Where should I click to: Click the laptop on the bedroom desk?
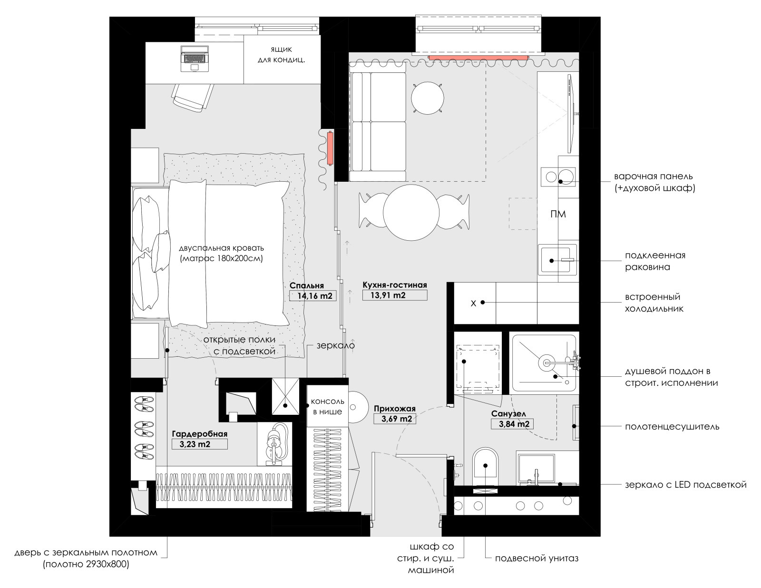pos(195,59)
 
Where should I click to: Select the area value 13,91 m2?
pos(394,295)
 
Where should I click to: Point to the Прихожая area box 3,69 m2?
pos(394,419)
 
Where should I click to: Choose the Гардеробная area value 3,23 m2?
pos(199,444)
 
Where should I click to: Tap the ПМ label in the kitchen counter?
pos(558,214)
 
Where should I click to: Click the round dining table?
pos(411,213)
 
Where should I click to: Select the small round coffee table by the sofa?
pos(428,98)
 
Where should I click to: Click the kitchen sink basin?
pos(558,260)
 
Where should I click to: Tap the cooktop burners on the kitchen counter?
pos(558,177)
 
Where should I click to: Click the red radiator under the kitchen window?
pos(478,58)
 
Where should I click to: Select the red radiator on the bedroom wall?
pos(330,148)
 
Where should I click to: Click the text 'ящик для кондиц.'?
pos(281,55)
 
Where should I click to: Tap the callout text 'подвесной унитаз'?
pos(537,558)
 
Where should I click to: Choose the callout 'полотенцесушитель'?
pos(672,427)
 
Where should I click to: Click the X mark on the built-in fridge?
pos(473,304)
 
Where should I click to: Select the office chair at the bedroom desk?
pos(192,97)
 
